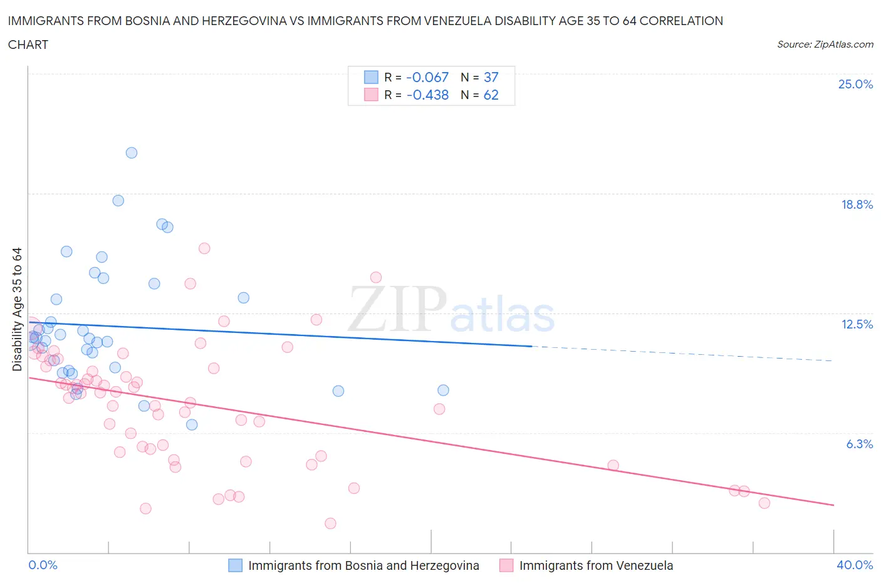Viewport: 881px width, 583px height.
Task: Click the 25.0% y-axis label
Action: [x=855, y=84]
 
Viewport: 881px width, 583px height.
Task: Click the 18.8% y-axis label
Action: [x=857, y=204]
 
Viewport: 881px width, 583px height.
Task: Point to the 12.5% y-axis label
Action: [x=857, y=324]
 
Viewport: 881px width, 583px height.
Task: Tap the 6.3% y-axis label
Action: [x=859, y=444]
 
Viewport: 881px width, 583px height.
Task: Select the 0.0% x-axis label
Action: [x=43, y=565]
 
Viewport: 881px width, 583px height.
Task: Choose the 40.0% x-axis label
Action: [x=855, y=565]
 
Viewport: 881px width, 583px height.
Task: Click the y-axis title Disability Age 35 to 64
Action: [x=17, y=309]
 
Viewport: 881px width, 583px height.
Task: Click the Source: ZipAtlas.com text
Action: [x=825, y=45]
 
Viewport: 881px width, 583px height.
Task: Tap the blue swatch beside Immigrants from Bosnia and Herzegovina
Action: [x=235, y=565]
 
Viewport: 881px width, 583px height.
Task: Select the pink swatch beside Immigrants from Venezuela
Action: [x=506, y=565]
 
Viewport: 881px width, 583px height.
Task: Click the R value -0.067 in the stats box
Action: [x=427, y=77]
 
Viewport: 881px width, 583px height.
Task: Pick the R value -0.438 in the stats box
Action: [x=427, y=95]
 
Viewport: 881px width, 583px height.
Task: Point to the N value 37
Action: [x=491, y=77]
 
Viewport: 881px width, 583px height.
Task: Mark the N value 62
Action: [x=491, y=95]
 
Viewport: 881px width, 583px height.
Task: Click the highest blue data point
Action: [x=132, y=153]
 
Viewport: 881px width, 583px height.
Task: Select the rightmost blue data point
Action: [x=443, y=390]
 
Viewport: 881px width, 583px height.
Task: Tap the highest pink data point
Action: [x=204, y=248]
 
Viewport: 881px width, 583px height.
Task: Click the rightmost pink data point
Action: [x=764, y=503]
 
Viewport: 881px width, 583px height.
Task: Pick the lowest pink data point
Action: [x=330, y=523]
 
